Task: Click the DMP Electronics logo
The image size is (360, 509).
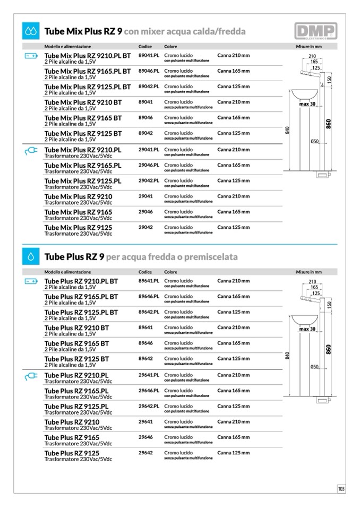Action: pos(316,31)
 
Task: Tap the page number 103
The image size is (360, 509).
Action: pos(341,489)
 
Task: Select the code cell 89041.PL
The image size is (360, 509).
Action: pos(149,55)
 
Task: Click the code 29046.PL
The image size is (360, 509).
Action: pos(149,165)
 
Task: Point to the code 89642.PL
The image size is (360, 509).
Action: pos(149,312)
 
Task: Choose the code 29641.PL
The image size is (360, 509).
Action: pos(149,375)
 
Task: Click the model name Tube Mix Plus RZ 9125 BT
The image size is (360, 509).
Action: pos(83,133)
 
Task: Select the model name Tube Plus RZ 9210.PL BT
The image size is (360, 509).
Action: pos(81,281)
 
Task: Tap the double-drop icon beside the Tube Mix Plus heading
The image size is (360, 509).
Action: pos(30,31)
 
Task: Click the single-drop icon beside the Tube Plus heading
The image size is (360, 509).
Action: pos(30,257)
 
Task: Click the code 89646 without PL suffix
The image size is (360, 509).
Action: pos(145,343)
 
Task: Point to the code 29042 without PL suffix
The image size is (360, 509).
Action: pos(145,227)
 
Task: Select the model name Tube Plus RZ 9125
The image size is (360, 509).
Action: pos(72,453)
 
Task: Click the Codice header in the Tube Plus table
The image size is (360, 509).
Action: pos(145,272)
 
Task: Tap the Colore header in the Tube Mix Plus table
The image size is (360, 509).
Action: pos(170,47)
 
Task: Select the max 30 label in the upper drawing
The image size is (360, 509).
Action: pos(307,104)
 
